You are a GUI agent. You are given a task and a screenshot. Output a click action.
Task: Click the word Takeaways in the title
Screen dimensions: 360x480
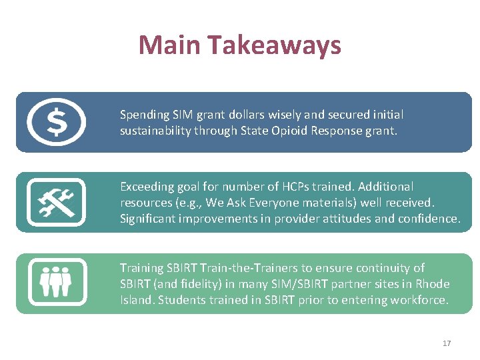pos(274,45)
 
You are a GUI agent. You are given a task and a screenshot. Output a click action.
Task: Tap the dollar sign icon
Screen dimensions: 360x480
pos(56,122)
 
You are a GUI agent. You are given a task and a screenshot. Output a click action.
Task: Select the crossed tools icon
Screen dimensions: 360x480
pos(56,202)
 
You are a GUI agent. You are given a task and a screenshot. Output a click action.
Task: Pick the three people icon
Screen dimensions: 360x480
pos(56,281)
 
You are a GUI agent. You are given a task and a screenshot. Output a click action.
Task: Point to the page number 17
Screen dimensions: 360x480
pos(447,343)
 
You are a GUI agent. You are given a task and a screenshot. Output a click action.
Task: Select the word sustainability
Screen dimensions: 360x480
pos(155,131)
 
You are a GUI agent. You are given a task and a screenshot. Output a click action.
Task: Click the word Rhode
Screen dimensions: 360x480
pos(433,284)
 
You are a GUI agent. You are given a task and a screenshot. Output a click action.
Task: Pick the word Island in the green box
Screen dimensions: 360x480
pos(135,300)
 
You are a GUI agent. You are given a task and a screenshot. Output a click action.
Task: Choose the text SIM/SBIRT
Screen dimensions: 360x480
pos(303,284)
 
